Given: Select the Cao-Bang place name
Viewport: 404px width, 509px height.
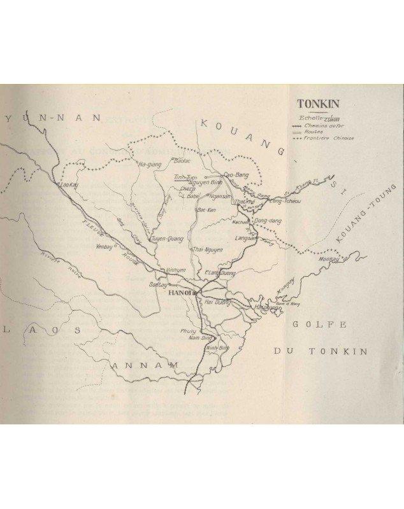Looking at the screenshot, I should coord(234,174).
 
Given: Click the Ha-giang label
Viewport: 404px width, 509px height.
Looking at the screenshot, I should coord(149,164).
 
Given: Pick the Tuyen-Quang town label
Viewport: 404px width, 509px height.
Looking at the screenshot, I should coord(167,239).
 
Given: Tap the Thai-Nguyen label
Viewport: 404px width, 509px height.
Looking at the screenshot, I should coord(208,249).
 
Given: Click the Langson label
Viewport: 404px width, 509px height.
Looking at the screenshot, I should coord(245,239).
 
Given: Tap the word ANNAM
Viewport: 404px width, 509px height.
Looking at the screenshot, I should coord(137,366).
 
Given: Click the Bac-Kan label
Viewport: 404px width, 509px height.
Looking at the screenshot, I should coord(203,209).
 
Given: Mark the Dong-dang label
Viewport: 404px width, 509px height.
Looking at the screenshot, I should coord(264,221).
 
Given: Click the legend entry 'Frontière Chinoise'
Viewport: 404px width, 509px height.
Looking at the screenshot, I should coord(331,137).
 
